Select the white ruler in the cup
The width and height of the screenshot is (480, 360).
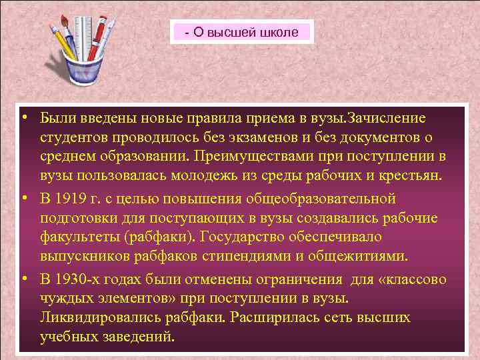point(82,33)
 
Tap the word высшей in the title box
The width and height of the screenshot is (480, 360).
point(233,31)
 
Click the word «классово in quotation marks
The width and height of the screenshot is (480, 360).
point(412,279)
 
